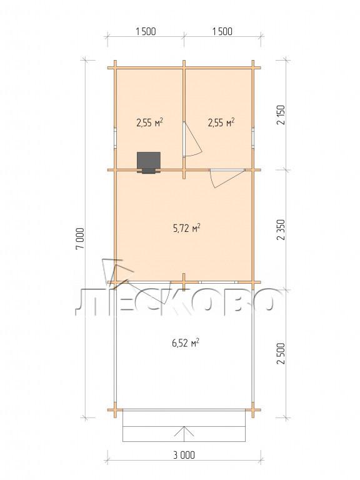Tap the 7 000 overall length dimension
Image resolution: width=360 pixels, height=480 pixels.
(x=79, y=239)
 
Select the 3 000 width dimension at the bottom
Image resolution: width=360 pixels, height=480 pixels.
(x=184, y=455)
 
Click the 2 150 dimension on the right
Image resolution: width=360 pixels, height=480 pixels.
(x=281, y=115)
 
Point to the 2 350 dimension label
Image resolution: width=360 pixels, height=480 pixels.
(x=281, y=229)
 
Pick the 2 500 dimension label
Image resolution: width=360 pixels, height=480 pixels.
(x=281, y=353)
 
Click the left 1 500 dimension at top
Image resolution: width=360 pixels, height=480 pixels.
(x=146, y=31)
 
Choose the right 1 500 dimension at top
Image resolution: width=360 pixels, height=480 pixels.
(x=222, y=31)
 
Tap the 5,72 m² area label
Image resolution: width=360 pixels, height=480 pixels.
(x=187, y=228)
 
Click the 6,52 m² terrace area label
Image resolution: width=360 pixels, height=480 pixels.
(x=186, y=343)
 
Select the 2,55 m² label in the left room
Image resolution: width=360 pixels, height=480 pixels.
(x=149, y=122)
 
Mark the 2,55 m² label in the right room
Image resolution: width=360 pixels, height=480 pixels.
(x=221, y=122)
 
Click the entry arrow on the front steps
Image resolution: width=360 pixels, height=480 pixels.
(x=184, y=431)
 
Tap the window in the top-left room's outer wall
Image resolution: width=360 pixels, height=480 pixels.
(x=116, y=137)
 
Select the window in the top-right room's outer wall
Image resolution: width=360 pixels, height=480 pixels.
(x=253, y=137)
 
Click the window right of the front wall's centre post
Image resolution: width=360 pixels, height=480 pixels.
(x=217, y=282)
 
